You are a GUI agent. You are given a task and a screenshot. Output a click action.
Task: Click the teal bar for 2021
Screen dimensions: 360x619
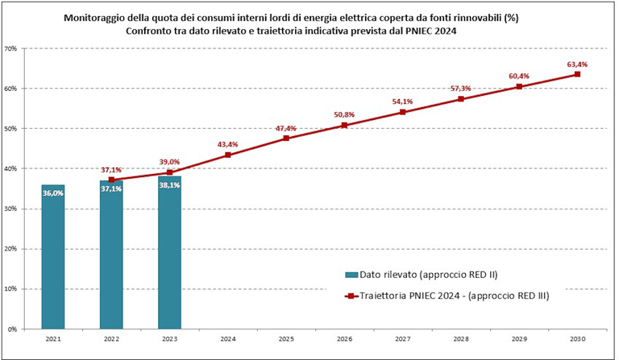pyautogui.click(x=53, y=258)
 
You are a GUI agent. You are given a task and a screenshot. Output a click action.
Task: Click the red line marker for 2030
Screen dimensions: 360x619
pyautogui.click(x=577, y=75)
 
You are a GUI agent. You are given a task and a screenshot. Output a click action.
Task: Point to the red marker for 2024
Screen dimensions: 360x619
pyautogui.click(x=228, y=155)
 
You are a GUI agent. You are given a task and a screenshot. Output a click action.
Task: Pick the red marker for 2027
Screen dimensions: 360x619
pyautogui.click(x=402, y=112)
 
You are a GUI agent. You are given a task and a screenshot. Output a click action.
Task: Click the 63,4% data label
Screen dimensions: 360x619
pyautogui.click(x=577, y=64)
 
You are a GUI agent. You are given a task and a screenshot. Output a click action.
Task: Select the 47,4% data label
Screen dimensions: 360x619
pyautogui.click(x=286, y=128)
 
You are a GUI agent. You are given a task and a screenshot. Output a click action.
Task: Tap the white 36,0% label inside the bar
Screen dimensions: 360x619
pyautogui.click(x=53, y=193)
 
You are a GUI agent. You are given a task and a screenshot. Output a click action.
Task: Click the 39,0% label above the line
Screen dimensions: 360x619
pyautogui.click(x=169, y=161)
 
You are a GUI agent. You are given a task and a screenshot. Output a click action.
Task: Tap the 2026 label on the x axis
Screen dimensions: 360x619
pyautogui.click(x=344, y=339)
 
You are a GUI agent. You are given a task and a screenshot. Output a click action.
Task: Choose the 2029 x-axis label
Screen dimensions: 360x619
pyautogui.click(x=519, y=339)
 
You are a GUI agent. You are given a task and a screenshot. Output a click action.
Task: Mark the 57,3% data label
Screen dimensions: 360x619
pyautogui.click(x=460, y=89)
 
